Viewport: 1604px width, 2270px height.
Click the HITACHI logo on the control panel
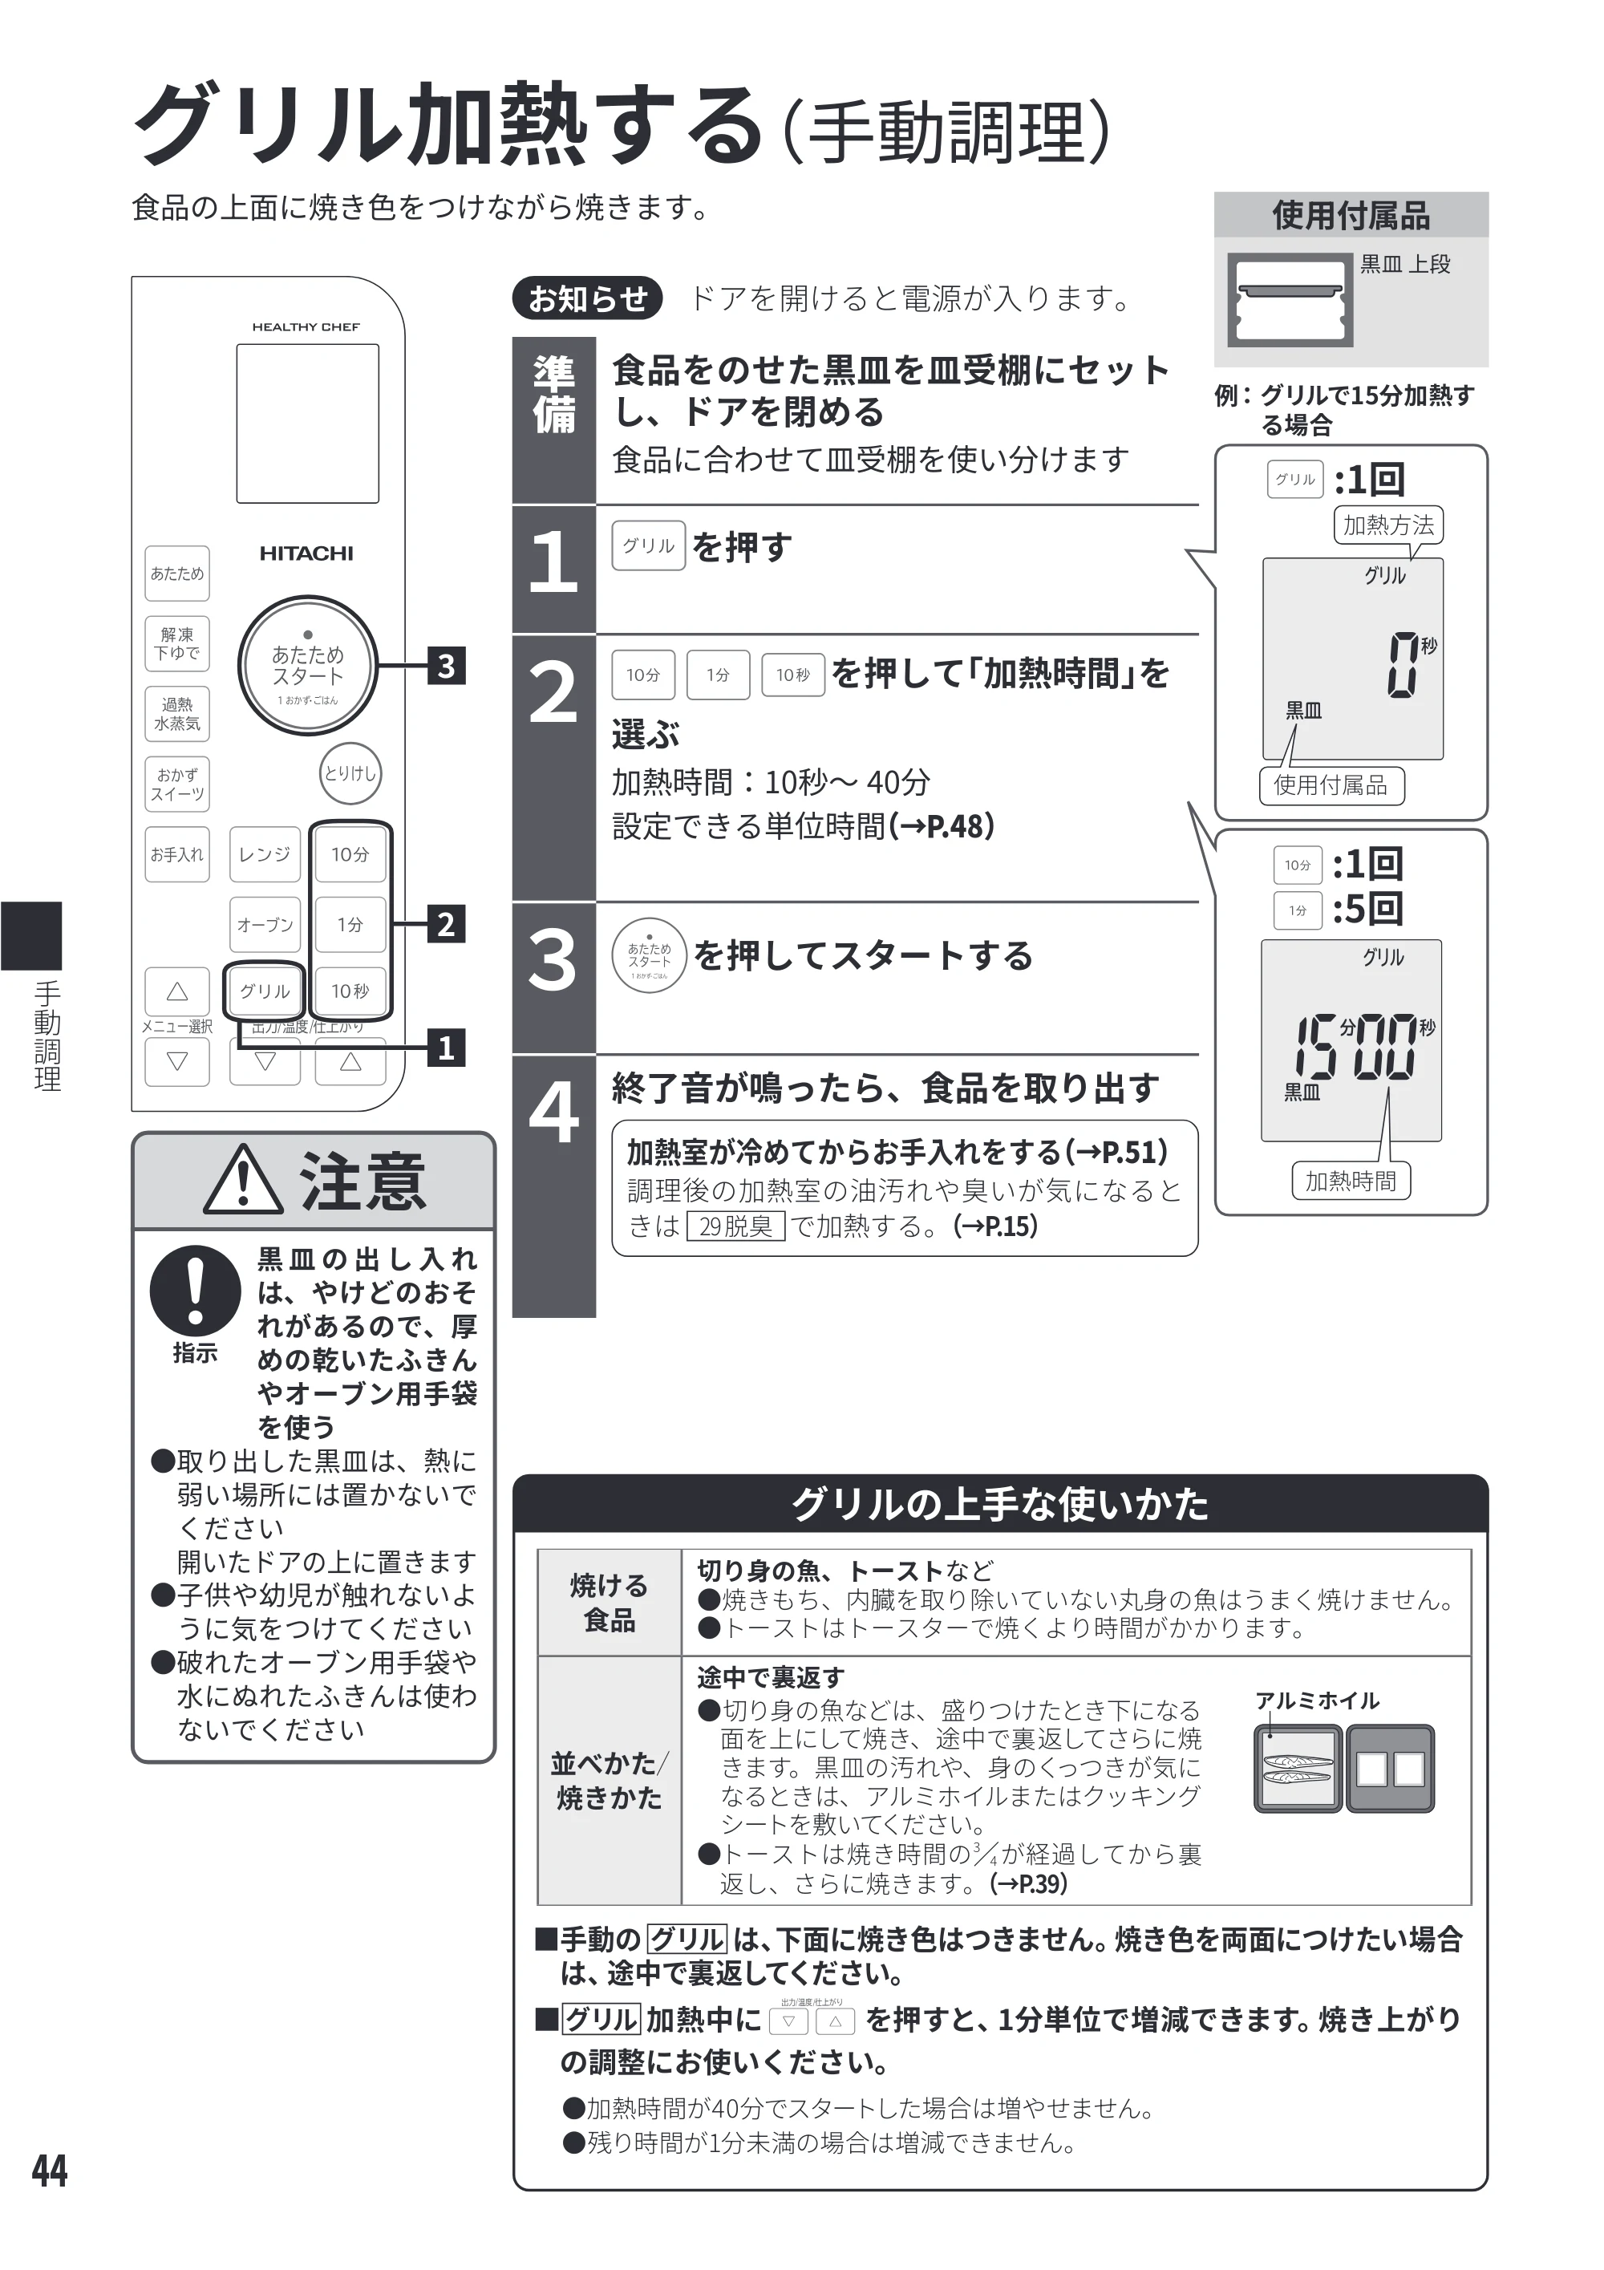pyautogui.click(x=306, y=553)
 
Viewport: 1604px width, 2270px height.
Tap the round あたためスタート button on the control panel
pyautogui.click(x=307, y=666)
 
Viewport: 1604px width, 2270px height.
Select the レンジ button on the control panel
pyautogui.click(x=264, y=854)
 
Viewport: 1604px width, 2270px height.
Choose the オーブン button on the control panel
pyautogui.click(x=264, y=924)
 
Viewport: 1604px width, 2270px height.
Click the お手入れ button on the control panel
pyautogui.click(x=177, y=854)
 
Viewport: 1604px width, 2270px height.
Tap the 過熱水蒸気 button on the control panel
pyautogui.click(x=177, y=714)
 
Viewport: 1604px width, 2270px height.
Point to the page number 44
pyautogui.click(x=50, y=2171)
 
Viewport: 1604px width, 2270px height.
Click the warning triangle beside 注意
pyautogui.click(x=243, y=1181)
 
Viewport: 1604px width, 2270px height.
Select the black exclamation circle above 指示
pyautogui.click(x=196, y=1291)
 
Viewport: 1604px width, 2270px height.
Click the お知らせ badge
pyautogui.click(x=588, y=298)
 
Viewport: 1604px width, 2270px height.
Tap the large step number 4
pyautogui.click(x=553, y=1113)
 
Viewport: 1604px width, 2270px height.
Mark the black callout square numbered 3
pyautogui.click(x=446, y=667)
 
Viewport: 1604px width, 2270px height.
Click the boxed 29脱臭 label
pyautogui.click(x=735, y=1226)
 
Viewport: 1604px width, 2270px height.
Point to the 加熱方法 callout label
pyautogui.click(x=1387, y=525)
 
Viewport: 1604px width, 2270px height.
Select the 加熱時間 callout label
pyautogui.click(x=1351, y=1181)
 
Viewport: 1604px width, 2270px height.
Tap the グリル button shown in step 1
pyautogui.click(x=648, y=545)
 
